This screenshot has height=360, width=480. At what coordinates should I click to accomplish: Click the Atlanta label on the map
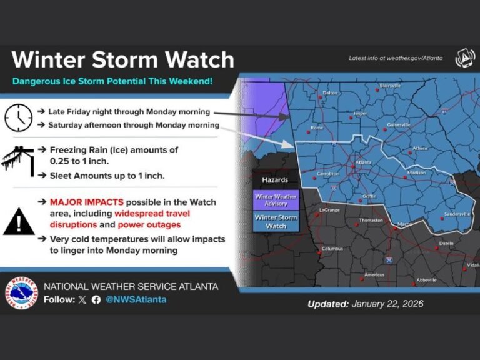[x=363, y=161]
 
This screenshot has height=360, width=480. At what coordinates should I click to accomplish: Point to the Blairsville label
[x=391, y=85]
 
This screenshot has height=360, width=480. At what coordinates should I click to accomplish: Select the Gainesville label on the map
[x=399, y=124]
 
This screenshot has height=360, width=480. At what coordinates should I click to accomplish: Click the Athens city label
[x=421, y=149]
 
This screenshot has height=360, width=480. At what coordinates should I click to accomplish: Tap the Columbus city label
[x=332, y=249]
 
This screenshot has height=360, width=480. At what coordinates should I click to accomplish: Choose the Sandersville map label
[x=457, y=214]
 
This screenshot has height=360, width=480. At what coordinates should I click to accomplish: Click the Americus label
[x=374, y=275]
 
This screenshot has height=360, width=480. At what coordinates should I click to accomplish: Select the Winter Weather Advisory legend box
[x=276, y=200]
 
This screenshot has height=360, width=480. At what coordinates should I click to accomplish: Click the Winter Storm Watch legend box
[x=276, y=222]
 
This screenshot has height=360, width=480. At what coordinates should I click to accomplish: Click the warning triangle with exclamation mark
[x=19, y=222]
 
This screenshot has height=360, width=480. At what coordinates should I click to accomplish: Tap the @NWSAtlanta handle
[x=136, y=299]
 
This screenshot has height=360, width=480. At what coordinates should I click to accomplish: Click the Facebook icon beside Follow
[x=96, y=299]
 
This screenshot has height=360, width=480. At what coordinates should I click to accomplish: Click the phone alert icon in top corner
[x=465, y=58]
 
